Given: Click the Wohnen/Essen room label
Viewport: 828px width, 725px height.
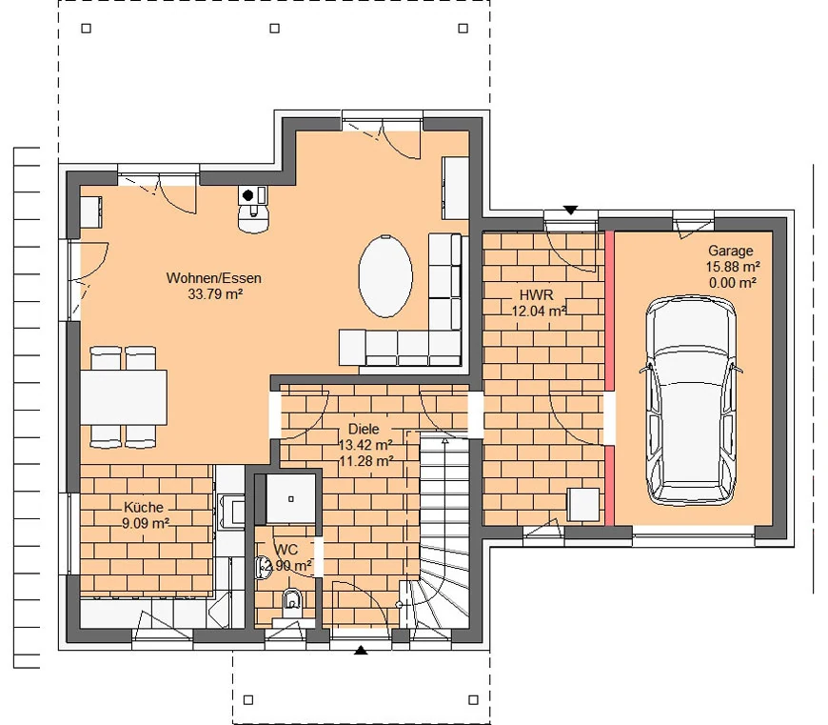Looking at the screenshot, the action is [x=213, y=278].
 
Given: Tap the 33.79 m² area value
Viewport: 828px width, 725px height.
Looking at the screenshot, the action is [x=215, y=293].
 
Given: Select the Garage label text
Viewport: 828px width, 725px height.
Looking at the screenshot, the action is [x=730, y=251].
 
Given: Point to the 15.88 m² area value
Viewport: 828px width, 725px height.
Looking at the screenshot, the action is [x=733, y=267].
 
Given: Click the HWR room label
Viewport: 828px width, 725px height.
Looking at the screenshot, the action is [x=537, y=295].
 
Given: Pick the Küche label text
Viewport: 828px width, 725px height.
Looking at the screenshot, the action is [x=143, y=507].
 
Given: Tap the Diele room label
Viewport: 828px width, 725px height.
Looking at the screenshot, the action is [x=364, y=429].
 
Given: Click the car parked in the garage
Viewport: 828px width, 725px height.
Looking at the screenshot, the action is [x=691, y=400].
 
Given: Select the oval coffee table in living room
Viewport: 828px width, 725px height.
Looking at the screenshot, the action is [x=385, y=276].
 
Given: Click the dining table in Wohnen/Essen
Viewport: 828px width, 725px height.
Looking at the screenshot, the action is [x=124, y=397].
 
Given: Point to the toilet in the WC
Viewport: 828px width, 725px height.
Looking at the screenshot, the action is [x=291, y=602].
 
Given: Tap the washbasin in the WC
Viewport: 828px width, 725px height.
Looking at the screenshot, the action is [x=262, y=568].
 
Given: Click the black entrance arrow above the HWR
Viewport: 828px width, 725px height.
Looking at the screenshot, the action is [x=570, y=210].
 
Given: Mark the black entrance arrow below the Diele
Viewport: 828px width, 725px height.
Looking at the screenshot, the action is [x=361, y=650].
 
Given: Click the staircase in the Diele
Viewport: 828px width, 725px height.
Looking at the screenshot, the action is [x=444, y=530].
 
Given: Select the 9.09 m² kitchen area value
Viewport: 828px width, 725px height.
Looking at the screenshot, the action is [x=146, y=523].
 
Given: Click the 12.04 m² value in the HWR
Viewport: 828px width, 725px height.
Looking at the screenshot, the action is [x=539, y=311].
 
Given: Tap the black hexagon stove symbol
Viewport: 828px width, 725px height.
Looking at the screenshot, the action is [x=247, y=195].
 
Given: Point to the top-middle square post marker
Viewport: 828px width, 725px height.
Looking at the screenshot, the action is [x=275, y=29].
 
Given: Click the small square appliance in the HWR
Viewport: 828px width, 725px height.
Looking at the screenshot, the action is [x=583, y=504].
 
